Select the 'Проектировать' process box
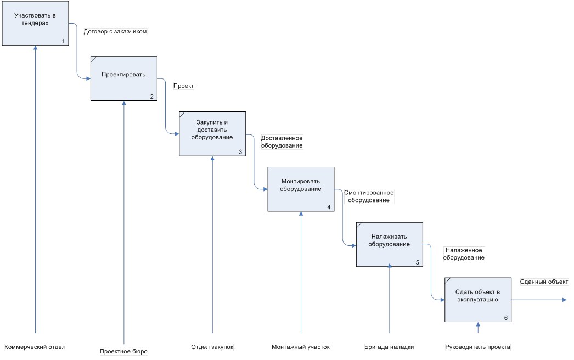(x=124, y=78)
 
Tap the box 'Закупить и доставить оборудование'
(x=212, y=133)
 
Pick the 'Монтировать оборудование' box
(x=301, y=188)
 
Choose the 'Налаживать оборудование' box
(x=389, y=244)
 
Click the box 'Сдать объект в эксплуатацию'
(x=477, y=299)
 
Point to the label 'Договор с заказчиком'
(x=115, y=32)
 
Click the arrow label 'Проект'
(x=184, y=86)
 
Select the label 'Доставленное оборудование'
(x=282, y=142)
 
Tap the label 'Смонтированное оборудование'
(x=369, y=196)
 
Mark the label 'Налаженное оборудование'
(x=464, y=254)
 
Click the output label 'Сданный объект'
(x=543, y=282)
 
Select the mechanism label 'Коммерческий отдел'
(x=35, y=347)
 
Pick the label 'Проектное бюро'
(x=124, y=351)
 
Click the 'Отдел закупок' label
(x=212, y=347)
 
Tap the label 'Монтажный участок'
(x=301, y=347)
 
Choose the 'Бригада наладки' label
(x=389, y=347)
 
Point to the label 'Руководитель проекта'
(x=477, y=347)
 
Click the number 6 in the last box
(x=505, y=318)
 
